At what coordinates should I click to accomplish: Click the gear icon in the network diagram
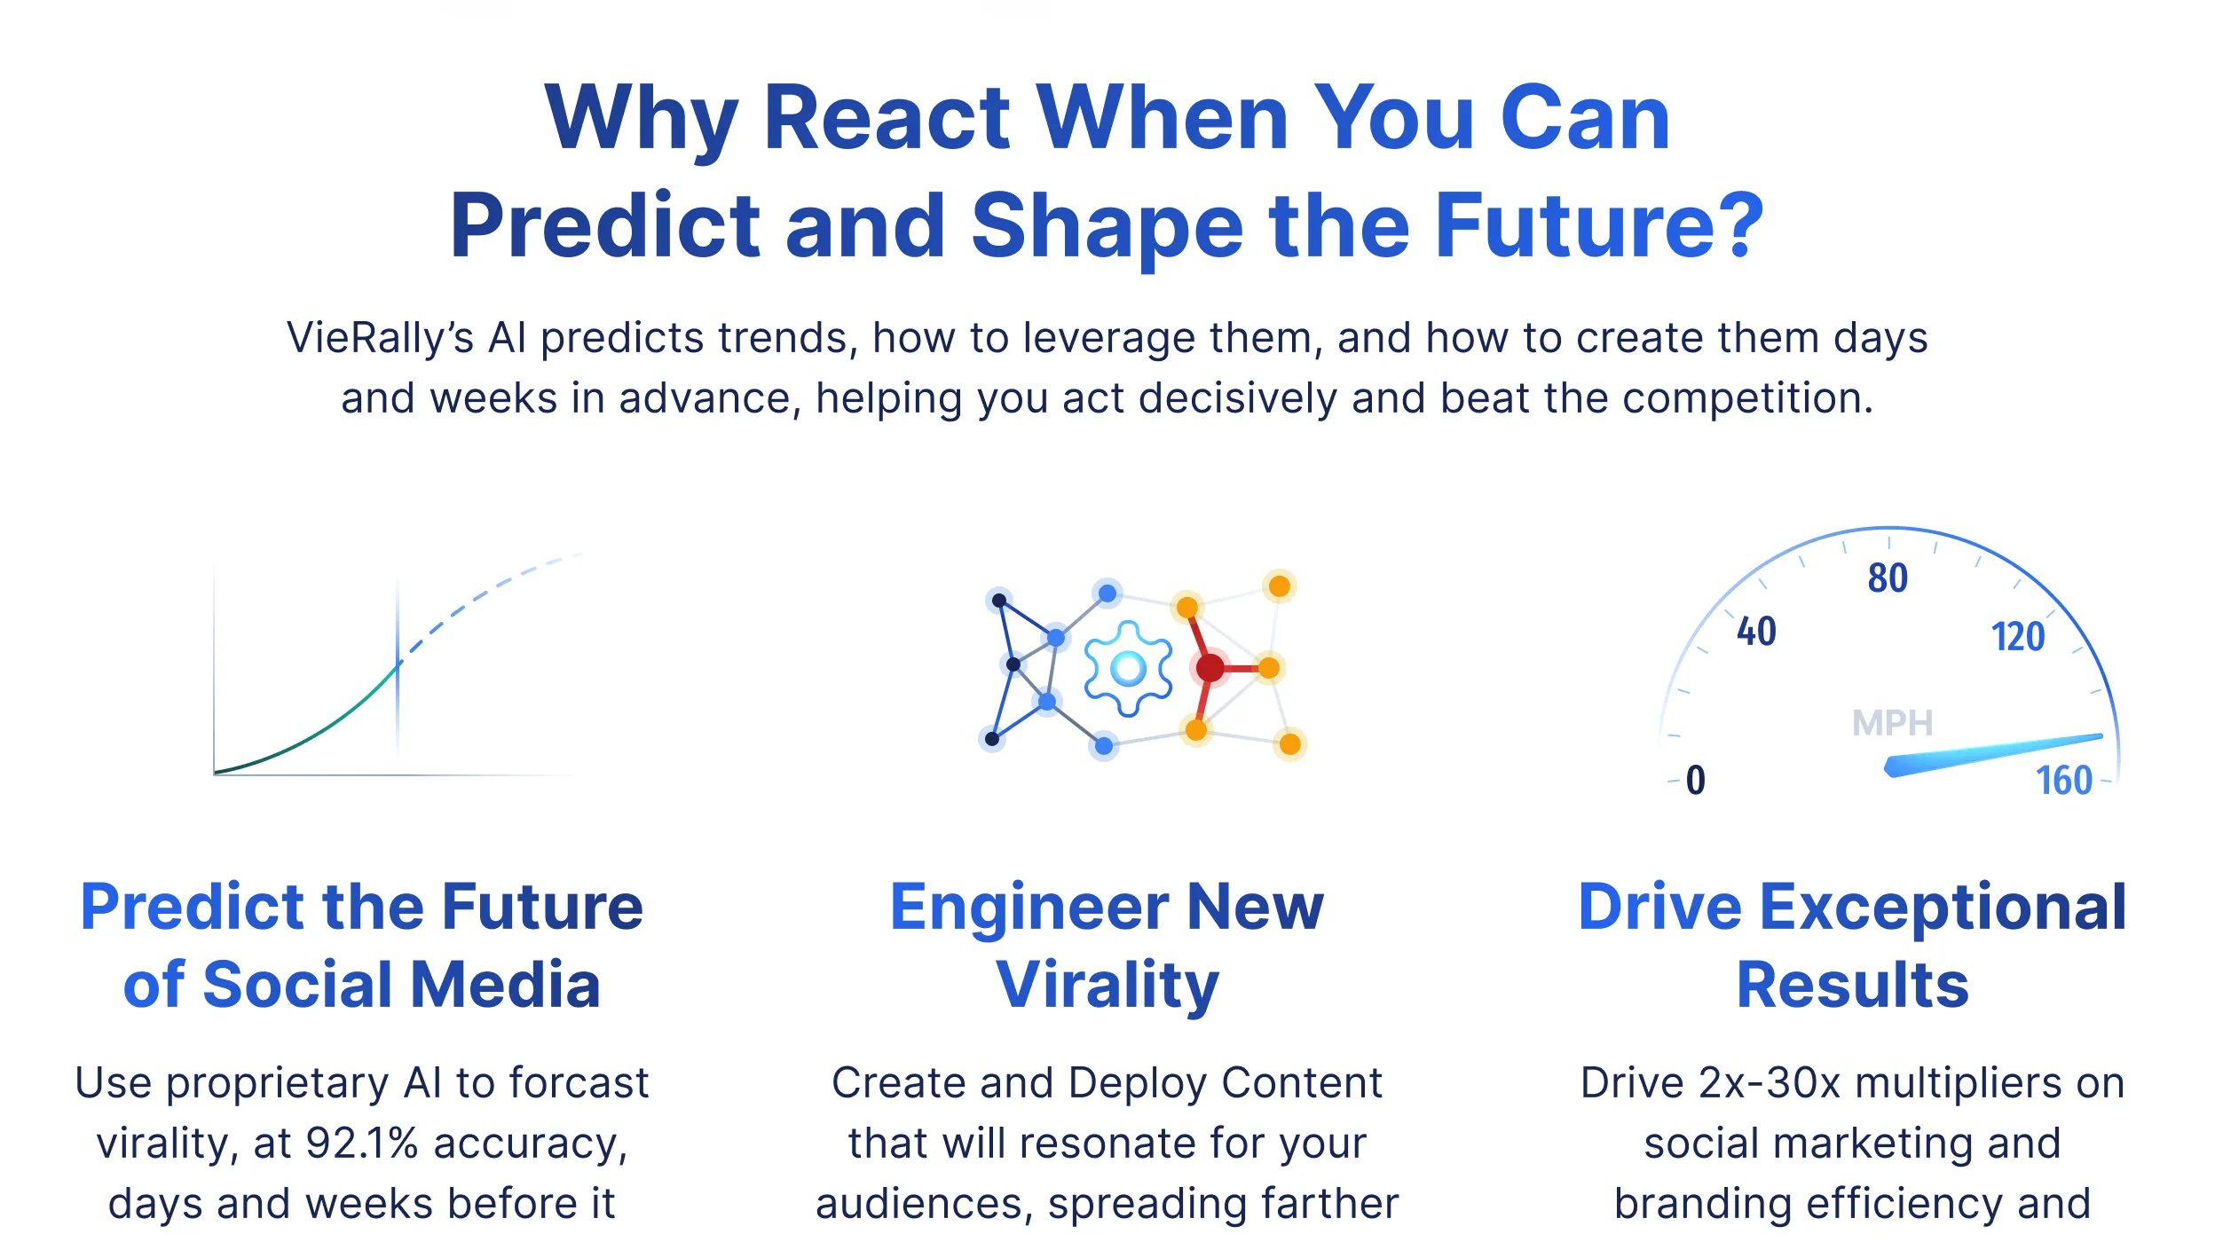(1128, 668)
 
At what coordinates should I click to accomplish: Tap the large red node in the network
(1210, 668)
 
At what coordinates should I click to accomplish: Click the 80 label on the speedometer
(1888, 578)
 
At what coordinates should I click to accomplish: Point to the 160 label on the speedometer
(2064, 781)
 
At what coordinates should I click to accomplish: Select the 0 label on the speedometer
(1695, 781)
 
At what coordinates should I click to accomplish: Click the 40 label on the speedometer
(1756, 632)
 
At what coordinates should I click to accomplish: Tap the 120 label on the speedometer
(2018, 637)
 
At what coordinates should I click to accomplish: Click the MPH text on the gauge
(1892, 723)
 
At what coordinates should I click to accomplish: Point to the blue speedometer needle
(1992, 755)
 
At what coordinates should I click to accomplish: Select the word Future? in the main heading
(1599, 226)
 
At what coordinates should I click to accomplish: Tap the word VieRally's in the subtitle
(380, 338)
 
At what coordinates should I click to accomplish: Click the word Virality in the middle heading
(1107, 985)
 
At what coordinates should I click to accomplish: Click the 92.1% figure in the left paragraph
(362, 1143)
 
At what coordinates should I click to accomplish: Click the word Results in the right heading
(1853, 985)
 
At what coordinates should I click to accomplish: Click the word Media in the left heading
(506, 985)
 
